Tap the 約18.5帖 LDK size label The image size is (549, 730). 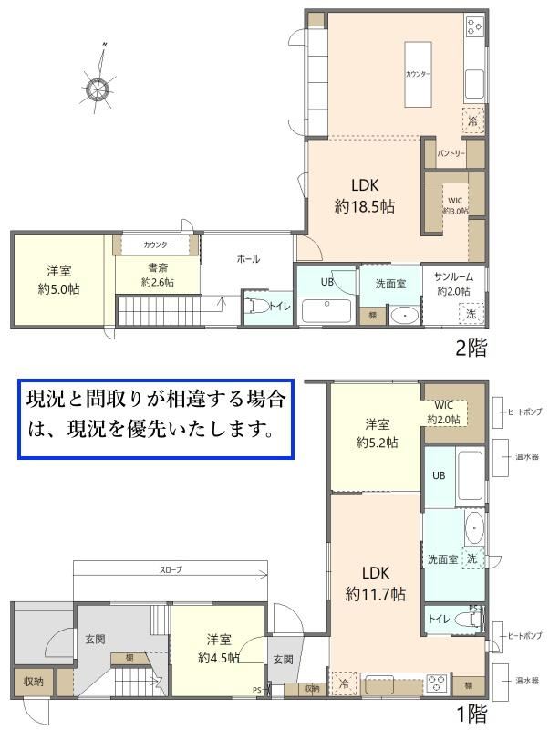(x=365, y=206)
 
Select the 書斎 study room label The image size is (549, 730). (x=158, y=267)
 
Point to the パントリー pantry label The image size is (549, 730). (x=451, y=153)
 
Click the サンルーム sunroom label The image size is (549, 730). (x=453, y=277)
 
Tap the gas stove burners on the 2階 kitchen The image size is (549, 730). (x=474, y=26)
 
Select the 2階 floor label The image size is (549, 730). (x=471, y=348)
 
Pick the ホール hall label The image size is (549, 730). (x=248, y=259)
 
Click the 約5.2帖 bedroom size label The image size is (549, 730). (x=377, y=443)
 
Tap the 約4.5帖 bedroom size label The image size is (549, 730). (x=219, y=658)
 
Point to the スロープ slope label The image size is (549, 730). (x=171, y=569)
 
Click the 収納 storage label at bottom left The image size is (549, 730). (x=33, y=681)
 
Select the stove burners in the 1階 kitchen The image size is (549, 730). (x=439, y=683)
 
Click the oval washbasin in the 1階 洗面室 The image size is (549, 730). (x=474, y=528)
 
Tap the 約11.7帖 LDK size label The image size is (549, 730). (x=376, y=595)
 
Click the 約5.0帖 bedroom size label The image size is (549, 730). (x=59, y=289)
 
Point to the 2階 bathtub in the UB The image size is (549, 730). (x=326, y=310)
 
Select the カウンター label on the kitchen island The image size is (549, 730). (x=418, y=74)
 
